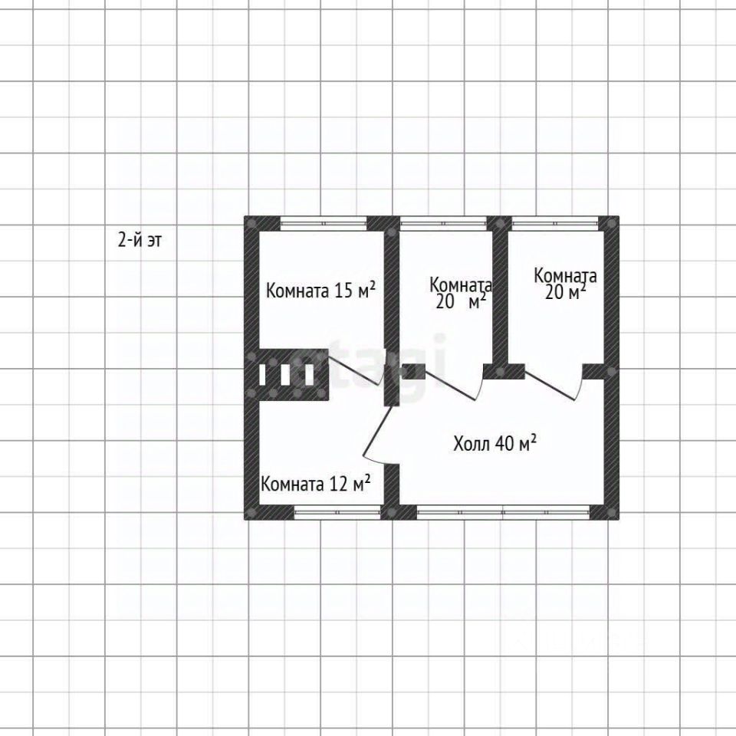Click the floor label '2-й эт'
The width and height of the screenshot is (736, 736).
click(140, 240)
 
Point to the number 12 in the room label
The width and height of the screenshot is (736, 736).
click(338, 484)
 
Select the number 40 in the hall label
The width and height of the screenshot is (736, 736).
click(503, 443)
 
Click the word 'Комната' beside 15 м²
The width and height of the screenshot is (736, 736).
click(298, 291)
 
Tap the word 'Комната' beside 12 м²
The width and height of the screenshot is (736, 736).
click(293, 485)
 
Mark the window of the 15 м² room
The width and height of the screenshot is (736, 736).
click(323, 223)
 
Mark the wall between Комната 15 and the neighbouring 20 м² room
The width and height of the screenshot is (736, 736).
click(392, 307)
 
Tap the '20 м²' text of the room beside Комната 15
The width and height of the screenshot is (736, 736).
click(462, 302)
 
